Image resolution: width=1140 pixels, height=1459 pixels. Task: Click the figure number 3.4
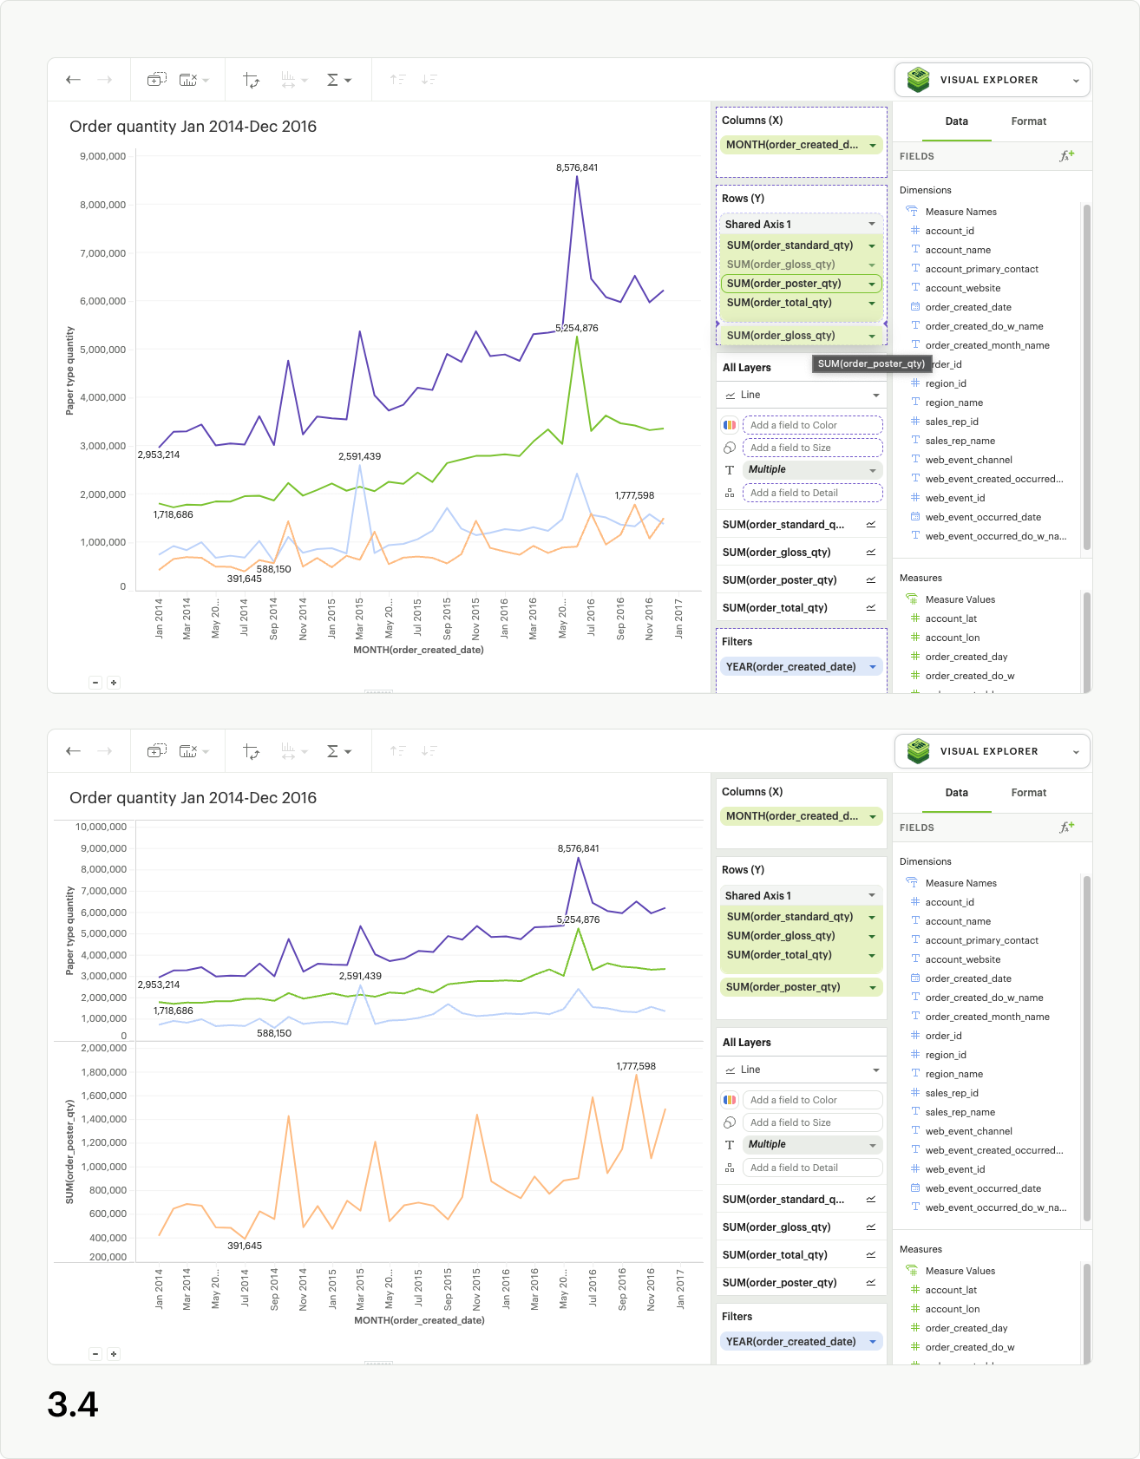point(73,1404)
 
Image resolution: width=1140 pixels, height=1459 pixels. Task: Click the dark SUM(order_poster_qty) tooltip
point(871,363)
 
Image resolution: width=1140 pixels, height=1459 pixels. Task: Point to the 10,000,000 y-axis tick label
point(101,827)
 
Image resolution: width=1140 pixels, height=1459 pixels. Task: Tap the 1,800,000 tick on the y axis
point(103,1072)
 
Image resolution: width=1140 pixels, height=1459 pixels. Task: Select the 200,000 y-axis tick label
point(107,1257)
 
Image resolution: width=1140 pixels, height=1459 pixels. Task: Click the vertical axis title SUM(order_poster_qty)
point(70,1152)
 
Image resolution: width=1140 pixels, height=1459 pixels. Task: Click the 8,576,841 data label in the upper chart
point(577,167)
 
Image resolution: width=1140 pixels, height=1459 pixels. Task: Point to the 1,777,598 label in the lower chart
point(636,1066)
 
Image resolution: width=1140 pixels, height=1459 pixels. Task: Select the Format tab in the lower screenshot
point(1028,793)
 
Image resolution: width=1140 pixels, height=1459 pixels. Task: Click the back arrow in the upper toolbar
point(74,80)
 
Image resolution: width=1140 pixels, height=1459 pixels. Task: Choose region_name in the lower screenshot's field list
point(953,1074)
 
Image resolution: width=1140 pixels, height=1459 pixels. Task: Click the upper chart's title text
point(193,127)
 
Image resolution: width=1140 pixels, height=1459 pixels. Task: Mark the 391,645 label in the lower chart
point(245,1246)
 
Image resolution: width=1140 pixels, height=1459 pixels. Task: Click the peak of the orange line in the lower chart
point(636,1076)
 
